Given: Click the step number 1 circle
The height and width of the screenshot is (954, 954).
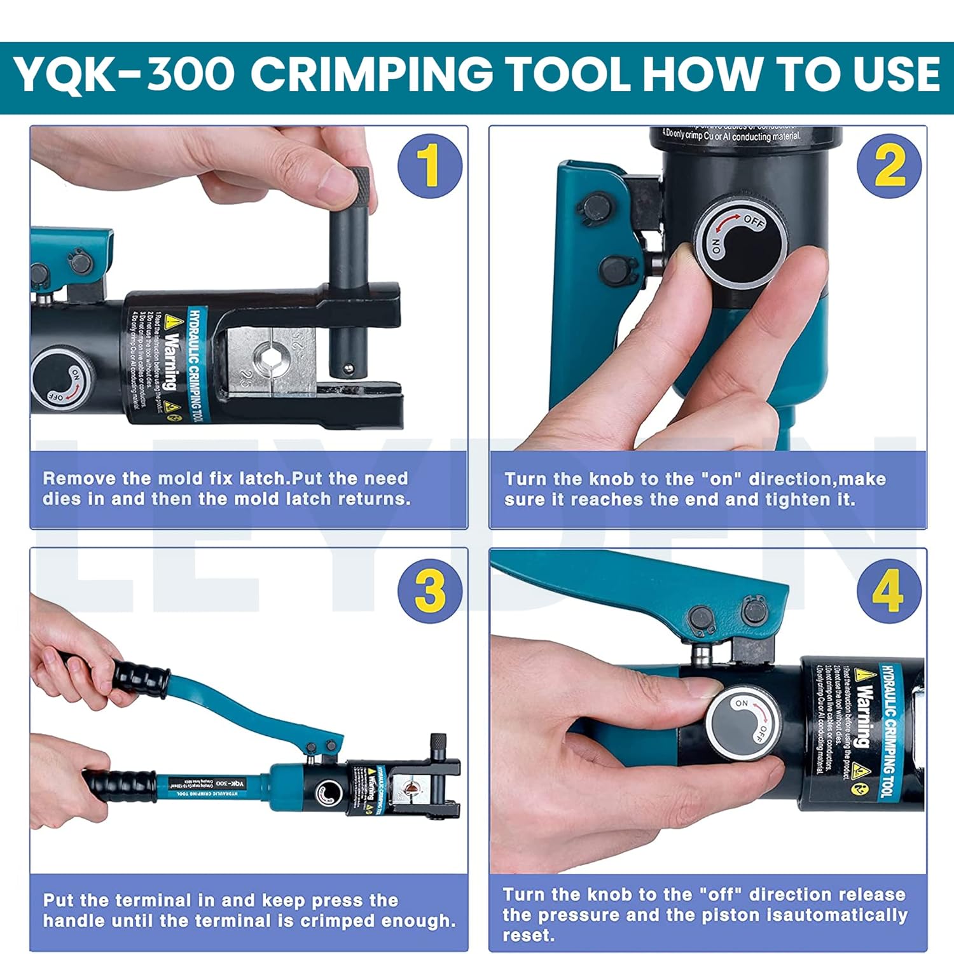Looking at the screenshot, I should coord(430,165).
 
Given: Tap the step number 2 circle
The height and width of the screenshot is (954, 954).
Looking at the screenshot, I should coord(888,165).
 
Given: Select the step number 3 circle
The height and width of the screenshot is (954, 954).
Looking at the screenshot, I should coord(430,590).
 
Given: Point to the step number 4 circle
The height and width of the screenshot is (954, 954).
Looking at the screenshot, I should coord(888,590).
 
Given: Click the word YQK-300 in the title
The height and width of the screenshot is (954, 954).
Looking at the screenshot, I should coord(124,74).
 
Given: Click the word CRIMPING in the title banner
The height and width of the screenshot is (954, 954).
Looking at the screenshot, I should coord(371,74).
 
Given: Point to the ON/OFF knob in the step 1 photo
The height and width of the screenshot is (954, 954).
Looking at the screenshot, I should coord(62,380).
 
